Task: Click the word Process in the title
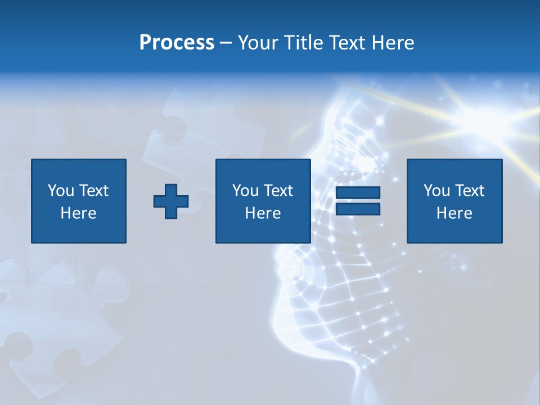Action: tap(177, 43)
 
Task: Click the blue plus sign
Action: tap(171, 201)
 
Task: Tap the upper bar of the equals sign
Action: tap(358, 193)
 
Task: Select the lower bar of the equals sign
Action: tap(358, 209)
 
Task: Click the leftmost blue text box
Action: tap(79, 201)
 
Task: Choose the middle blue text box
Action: tap(263, 201)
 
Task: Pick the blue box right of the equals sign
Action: tap(454, 201)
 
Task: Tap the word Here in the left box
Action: tap(79, 213)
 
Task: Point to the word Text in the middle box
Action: tap(278, 191)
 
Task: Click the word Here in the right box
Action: tap(454, 213)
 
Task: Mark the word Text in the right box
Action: tap(469, 191)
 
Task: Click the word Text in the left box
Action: tap(93, 191)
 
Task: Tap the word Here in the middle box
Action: tap(263, 213)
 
